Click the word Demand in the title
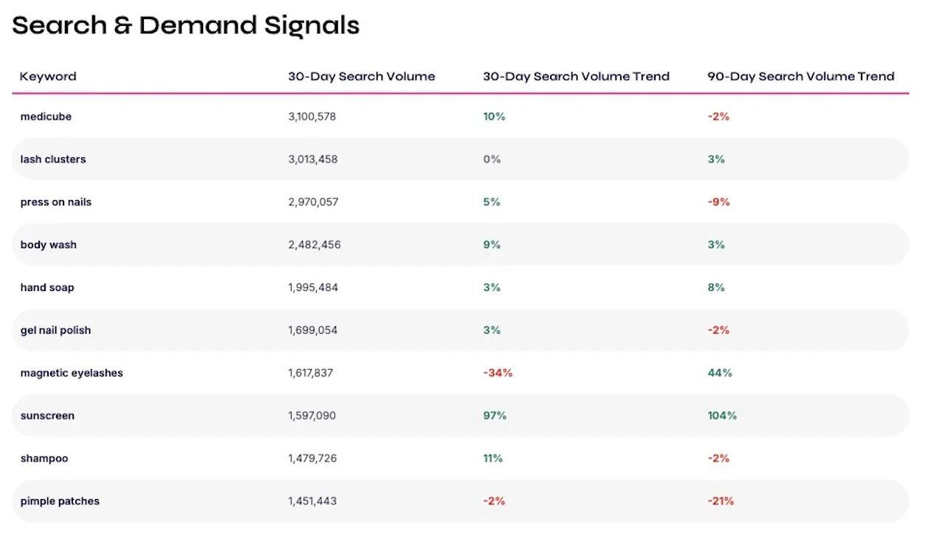point(198,25)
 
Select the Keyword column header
point(48,76)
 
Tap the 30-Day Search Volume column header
point(362,76)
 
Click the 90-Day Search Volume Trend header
point(801,76)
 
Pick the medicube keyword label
point(46,117)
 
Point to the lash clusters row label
point(53,159)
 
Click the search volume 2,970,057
point(313,202)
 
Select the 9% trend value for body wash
point(492,244)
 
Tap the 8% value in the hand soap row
point(715,287)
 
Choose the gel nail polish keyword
point(55,330)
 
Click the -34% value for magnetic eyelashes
point(498,373)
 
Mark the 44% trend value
point(719,373)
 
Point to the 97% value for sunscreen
point(495,416)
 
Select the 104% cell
point(722,416)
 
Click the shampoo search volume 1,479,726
point(312,459)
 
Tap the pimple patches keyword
point(60,501)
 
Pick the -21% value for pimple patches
point(721,501)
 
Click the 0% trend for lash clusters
point(492,159)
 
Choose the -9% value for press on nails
point(718,202)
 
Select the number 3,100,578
point(312,117)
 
